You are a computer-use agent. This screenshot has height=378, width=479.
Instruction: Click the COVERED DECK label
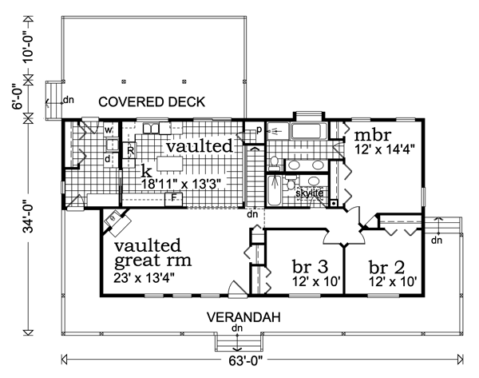[152, 101]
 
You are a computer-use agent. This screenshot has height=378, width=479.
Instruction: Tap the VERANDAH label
[243, 317]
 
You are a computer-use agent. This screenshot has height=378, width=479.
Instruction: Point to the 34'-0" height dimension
[29, 217]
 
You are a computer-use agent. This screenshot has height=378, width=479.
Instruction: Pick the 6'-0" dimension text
[18, 98]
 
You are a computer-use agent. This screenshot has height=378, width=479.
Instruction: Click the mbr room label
[372, 135]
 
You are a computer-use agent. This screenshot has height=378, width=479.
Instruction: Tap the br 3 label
[310, 266]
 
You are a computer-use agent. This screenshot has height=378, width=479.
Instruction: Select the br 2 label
[386, 267]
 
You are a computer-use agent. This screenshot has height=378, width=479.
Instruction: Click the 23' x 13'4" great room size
[144, 278]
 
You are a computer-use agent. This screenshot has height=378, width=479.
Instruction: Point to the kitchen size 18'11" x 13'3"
[181, 184]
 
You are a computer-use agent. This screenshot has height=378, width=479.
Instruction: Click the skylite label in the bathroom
[310, 193]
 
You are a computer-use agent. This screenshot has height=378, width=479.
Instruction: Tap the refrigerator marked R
[130, 150]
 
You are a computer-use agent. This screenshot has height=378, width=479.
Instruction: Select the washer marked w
[108, 130]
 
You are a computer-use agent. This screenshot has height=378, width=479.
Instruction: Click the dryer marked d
[108, 159]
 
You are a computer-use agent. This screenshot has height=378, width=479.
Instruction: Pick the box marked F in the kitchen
[173, 199]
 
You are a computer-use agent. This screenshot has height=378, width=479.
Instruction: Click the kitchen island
[170, 164]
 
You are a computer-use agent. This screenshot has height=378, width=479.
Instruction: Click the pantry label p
[259, 129]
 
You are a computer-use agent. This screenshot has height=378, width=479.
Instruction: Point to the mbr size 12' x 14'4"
[384, 149]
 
